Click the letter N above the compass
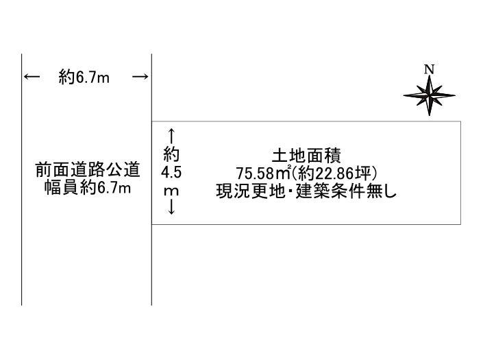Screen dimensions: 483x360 pos(429,70)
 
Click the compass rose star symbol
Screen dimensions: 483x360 pos(429,95)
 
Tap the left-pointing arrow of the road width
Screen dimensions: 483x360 pos(32,76)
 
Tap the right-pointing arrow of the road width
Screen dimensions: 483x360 pos(140,76)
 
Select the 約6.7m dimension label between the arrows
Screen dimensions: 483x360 pos(84,77)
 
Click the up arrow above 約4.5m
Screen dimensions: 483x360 pos(171,136)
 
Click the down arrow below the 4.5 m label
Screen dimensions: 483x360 pos(171,206)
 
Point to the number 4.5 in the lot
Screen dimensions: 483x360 pos(171,173)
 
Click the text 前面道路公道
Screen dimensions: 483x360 pos(88,170)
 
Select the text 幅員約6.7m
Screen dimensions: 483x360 pos(88,188)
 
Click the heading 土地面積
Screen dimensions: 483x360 pos(306,156)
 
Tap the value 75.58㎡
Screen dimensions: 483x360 pos(264,173)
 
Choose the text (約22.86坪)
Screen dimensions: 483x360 pos(334,173)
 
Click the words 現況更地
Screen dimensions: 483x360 pos(251,191)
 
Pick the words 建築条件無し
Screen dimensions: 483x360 pos(346,191)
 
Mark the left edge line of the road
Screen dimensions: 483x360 pos(21,180)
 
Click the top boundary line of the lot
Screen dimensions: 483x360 pos(306,121)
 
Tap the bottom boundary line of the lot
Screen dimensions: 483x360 pos(306,224)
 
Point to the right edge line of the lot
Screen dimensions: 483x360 pos(461,173)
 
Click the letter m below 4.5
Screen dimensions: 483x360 pos(171,191)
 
